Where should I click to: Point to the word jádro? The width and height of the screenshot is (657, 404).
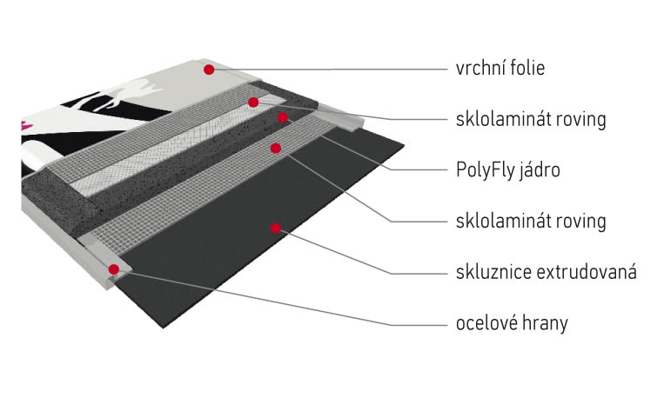tap(540, 170)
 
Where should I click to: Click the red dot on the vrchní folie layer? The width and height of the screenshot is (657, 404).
tap(209, 69)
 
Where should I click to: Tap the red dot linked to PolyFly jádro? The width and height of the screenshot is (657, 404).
tap(282, 116)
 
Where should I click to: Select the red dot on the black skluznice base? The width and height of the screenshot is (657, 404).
tap(276, 228)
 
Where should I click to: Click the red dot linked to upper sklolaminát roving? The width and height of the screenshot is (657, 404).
tap(253, 103)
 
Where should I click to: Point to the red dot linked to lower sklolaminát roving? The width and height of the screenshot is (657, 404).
tap(276, 148)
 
